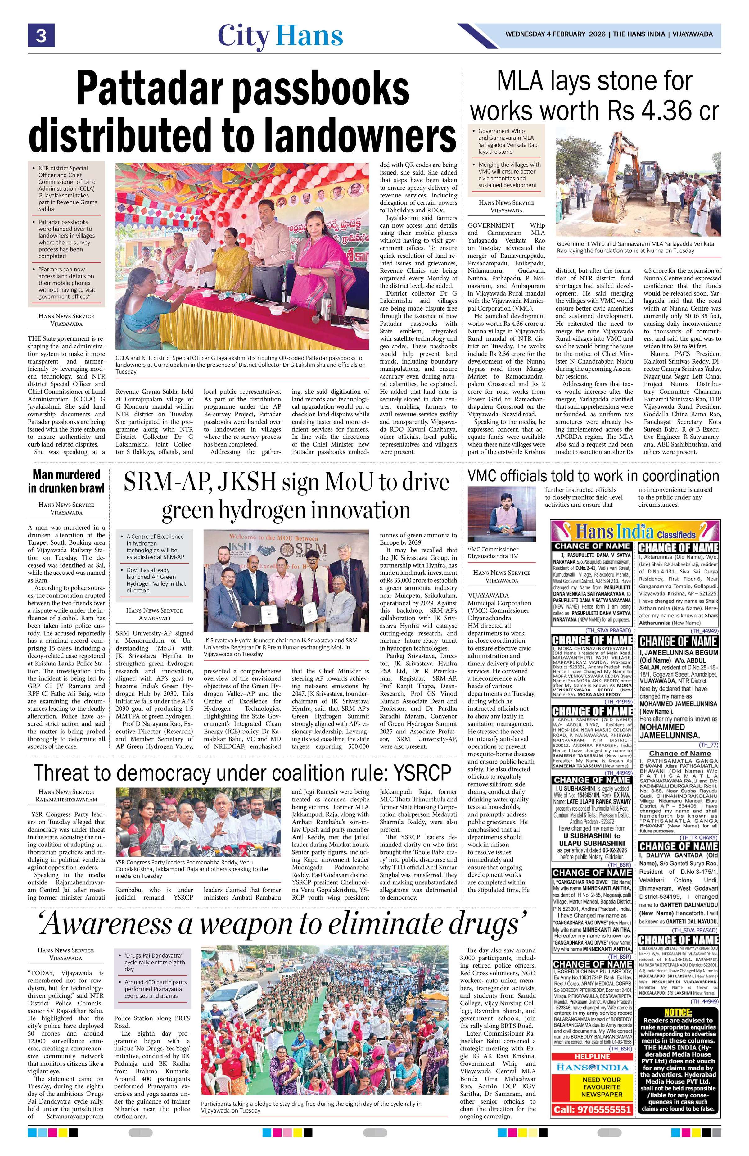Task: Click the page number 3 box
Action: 41,35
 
